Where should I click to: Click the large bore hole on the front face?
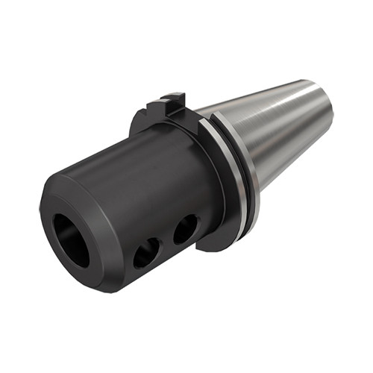coord(71,239)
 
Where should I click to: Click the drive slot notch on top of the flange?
coord(174,103)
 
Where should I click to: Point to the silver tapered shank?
coord(283,127)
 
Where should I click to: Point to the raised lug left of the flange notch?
coord(158,107)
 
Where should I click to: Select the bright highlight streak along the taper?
coord(276,112)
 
